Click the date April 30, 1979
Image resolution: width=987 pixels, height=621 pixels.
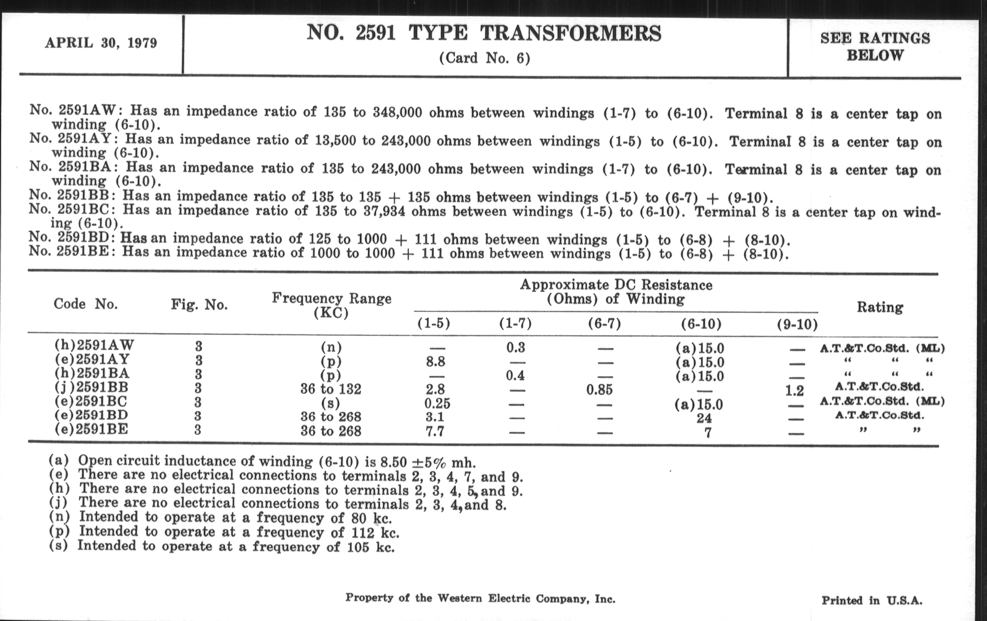click(x=101, y=43)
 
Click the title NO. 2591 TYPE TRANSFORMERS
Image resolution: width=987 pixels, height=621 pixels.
click(x=484, y=33)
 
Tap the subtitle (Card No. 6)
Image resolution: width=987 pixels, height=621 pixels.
click(x=485, y=58)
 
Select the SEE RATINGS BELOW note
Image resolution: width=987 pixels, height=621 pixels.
click(x=875, y=46)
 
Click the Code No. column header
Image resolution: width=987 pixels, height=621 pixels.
click(x=85, y=304)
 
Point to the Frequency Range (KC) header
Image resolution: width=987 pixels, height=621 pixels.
click(x=331, y=305)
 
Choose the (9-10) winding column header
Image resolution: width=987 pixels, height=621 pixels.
click(x=797, y=325)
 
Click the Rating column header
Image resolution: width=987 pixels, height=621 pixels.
click(x=879, y=307)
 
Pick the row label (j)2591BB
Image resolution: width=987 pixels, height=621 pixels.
click(x=91, y=387)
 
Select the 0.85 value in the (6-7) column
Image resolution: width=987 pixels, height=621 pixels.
click(x=599, y=389)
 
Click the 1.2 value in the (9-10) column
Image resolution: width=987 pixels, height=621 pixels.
click(x=794, y=390)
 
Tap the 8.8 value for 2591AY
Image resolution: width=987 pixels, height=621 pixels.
click(x=435, y=362)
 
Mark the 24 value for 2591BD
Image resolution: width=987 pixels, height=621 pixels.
click(x=704, y=418)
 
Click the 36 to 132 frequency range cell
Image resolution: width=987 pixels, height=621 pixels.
click(x=331, y=388)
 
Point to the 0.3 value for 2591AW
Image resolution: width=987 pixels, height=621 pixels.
click(x=516, y=347)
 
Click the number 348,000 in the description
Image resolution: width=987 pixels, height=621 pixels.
click(x=397, y=112)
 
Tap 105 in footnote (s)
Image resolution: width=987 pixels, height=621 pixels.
click(x=358, y=547)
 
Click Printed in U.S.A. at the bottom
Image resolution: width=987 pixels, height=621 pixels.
click(x=872, y=601)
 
